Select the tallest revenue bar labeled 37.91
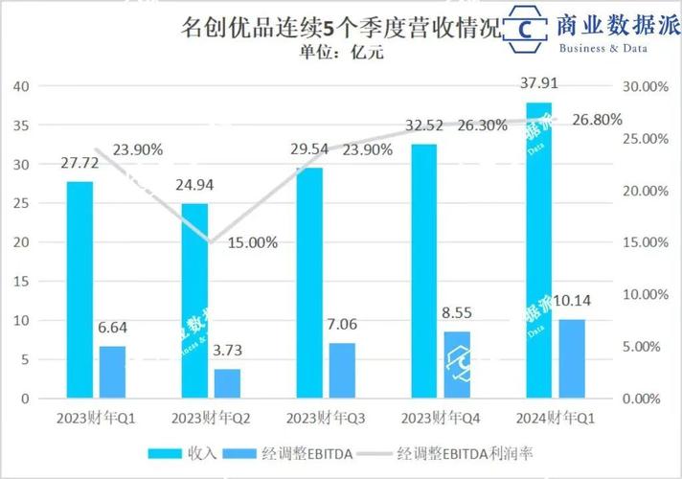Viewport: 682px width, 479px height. (538, 249)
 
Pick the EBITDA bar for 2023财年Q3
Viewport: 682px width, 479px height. (342, 370)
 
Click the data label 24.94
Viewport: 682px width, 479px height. (195, 185)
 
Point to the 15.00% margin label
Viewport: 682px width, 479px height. (253, 242)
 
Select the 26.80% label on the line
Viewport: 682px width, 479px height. (597, 120)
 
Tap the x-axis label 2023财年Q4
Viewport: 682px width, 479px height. (440, 419)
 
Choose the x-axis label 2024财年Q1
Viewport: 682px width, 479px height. (556, 419)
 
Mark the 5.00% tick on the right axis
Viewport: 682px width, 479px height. (644, 346)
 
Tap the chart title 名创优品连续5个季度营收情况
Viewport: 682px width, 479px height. (340, 28)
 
